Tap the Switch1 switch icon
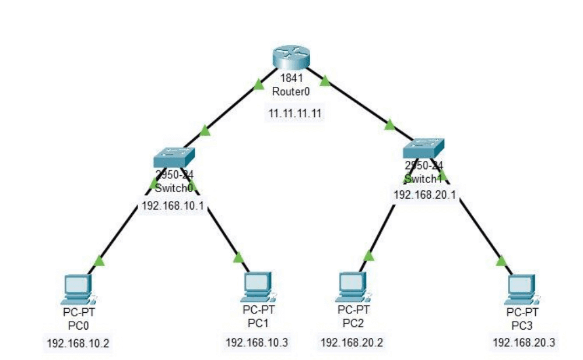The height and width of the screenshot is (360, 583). pyautogui.click(x=423, y=149)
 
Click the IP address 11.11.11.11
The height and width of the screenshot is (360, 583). pyautogui.click(x=295, y=113)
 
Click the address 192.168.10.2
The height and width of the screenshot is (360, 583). pyautogui.click(x=78, y=343)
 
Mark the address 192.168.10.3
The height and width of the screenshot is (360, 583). pyautogui.click(x=257, y=342)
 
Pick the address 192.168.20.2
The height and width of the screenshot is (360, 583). pyautogui.click(x=352, y=342)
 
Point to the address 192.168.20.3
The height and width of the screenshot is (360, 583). pyautogui.click(x=524, y=343)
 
